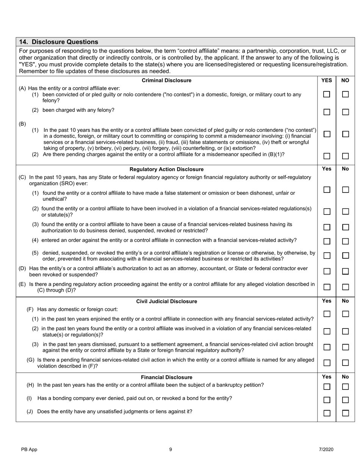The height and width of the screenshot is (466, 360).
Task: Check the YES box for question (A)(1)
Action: [327, 95]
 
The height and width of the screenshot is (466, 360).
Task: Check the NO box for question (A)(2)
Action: [345, 112]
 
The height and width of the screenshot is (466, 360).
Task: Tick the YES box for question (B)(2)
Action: [327, 156]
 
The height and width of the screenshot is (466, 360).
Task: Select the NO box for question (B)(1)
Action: [345, 134]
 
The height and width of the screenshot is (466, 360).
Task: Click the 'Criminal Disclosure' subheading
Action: [166, 80]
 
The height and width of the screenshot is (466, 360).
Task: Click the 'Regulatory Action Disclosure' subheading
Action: [166, 169]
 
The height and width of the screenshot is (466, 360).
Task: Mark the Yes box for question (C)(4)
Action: [327, 241]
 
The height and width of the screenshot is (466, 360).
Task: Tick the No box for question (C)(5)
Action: [345, 256]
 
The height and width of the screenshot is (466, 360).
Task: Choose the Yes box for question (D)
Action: [327, 271]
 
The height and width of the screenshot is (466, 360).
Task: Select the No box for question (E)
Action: [345, 287]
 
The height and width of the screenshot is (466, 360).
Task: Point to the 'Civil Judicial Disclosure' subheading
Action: [166, 302]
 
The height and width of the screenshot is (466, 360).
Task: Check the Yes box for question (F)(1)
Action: [327, 314]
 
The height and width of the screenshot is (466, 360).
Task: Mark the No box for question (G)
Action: [345, 363]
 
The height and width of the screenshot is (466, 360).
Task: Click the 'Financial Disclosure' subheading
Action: [166, 377]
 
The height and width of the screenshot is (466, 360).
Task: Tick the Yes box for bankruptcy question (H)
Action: [327, 387]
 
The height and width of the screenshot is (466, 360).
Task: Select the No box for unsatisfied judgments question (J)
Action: [345, 413]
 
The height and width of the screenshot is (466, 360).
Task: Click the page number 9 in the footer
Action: [171, 450]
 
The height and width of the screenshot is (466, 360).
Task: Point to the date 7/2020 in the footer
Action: [326, 450]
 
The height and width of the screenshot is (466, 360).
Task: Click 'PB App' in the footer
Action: [29, 450]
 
